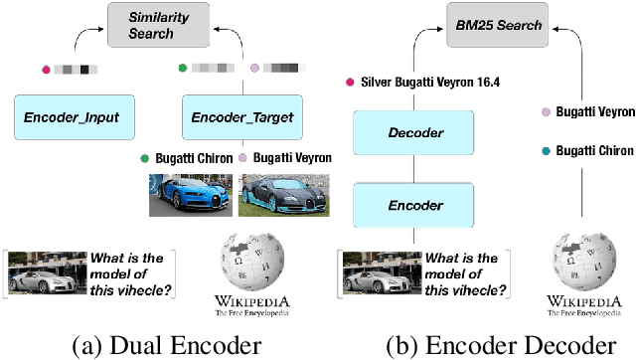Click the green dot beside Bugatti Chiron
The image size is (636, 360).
(x=145, y=157)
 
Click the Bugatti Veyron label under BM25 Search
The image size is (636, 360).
(x=593, y=112)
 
